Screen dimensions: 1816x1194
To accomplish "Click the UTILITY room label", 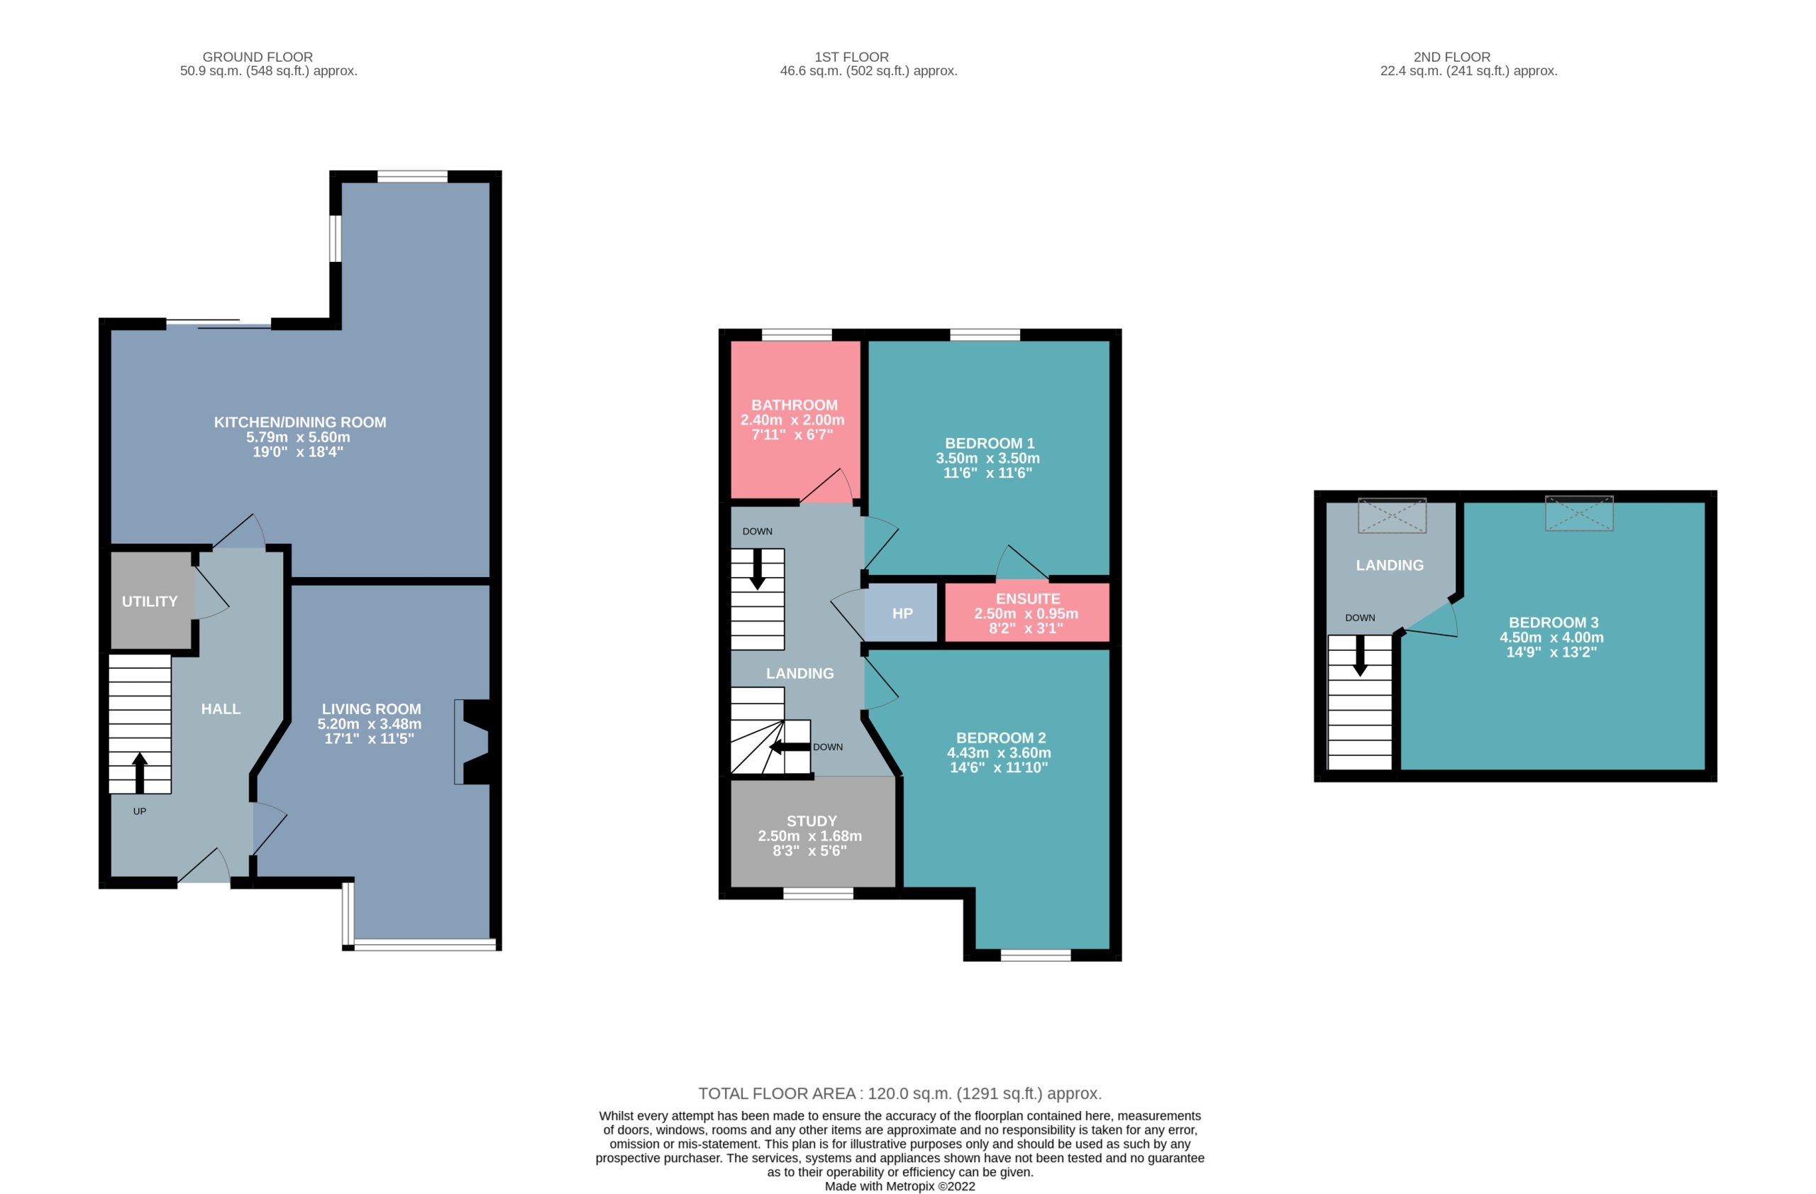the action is click(150, 601).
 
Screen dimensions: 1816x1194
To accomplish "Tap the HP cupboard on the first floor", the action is click(901, 613).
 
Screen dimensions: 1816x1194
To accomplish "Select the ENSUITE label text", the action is click(1028, 599).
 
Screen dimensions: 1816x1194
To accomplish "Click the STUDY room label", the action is click(812, 821).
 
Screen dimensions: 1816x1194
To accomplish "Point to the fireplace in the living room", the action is click(473, 742).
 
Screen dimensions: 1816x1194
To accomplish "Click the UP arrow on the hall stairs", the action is click(140, 772).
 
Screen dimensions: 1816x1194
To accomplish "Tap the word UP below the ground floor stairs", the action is click(140, 811).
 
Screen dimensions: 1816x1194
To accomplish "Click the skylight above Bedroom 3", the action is click(1578, 514).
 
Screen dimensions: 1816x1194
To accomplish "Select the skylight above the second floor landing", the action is click(1392, 516).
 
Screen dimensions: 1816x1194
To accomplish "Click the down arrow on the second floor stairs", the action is click(1360, 657).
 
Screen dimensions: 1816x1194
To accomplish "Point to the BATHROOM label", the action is click(794, 405).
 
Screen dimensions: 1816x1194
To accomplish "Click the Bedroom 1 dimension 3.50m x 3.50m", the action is click(987, 458).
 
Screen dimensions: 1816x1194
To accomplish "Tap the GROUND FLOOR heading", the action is click(258, 57).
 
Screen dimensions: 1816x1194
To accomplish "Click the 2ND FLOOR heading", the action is click(1452, 57).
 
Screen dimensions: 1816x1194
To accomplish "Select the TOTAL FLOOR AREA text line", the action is click(900, 1093).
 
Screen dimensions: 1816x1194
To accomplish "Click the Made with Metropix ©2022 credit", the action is click(900, 1186).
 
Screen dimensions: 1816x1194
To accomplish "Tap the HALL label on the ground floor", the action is click(221, 709).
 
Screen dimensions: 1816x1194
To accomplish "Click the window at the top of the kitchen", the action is click(412, 176).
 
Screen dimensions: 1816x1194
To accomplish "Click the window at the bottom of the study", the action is click(818, 893).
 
